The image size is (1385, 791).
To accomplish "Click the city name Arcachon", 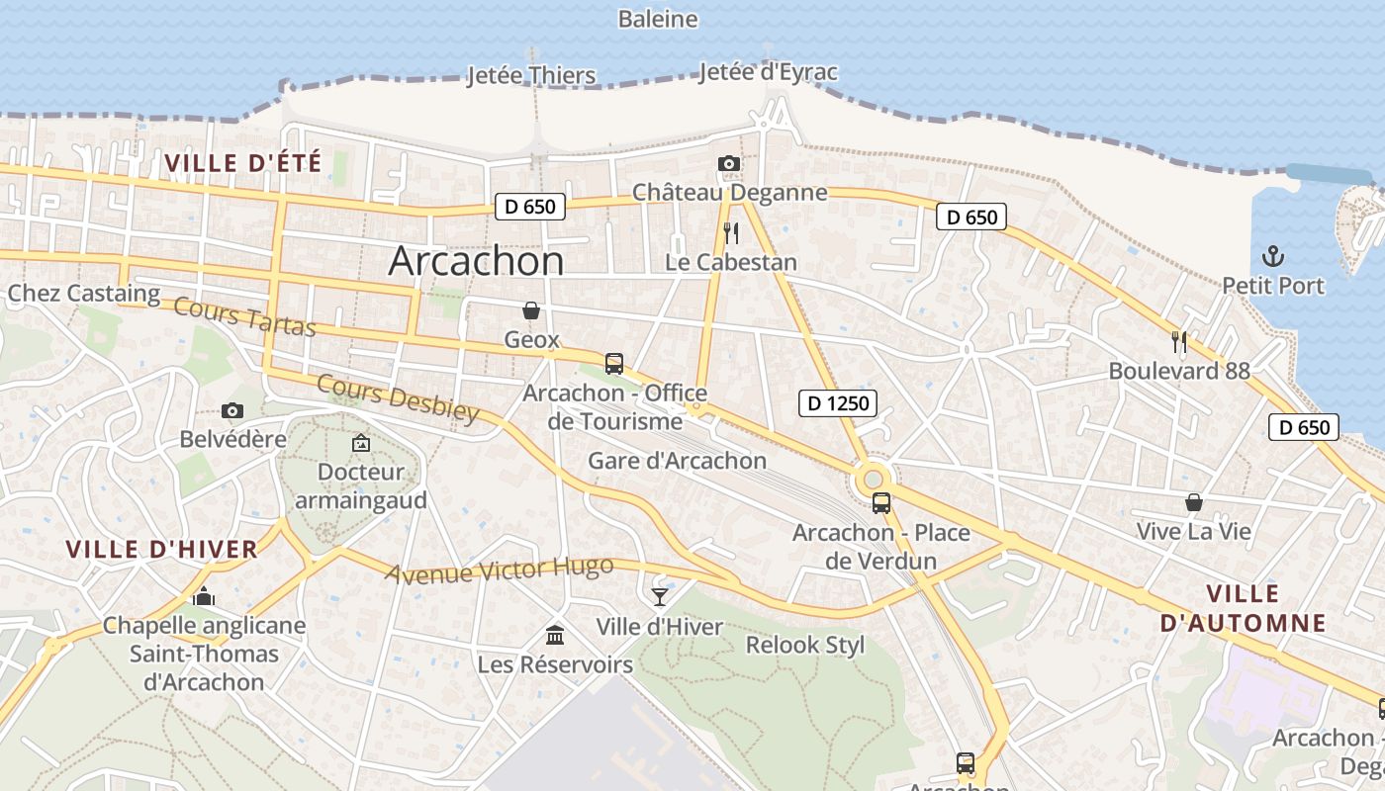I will click(476, 260).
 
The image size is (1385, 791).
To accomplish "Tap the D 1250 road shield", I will click(838, 402).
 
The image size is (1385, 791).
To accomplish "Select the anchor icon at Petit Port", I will click(1273, 257).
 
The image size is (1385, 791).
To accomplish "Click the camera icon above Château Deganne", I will click(729, 163).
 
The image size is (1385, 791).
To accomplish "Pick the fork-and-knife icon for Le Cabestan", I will click(731, 233).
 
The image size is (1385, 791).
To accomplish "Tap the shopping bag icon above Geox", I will click(531, 310).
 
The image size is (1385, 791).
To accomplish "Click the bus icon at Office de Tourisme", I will click(614, 363).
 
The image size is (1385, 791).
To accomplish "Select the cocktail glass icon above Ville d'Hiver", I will click(660, 596).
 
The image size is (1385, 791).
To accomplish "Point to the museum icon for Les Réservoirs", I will click(555, 634).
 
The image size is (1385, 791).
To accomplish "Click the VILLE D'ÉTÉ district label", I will click(243, 163).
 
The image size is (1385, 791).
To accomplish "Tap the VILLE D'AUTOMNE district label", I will click(1243, 608).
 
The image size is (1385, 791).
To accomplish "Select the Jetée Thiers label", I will click(531, 75).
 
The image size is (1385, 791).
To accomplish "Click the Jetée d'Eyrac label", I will click(768, 72).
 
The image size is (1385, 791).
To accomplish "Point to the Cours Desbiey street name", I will click(398, 398).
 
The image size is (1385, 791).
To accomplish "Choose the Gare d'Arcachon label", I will click(677, 461).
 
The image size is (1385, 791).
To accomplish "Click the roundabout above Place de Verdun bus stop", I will click(874, 480).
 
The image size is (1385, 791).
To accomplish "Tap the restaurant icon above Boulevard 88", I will click(1178, 342).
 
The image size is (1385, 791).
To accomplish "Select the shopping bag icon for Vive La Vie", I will click(1194, 502).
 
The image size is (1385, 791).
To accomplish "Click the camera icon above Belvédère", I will click(232, 410).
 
